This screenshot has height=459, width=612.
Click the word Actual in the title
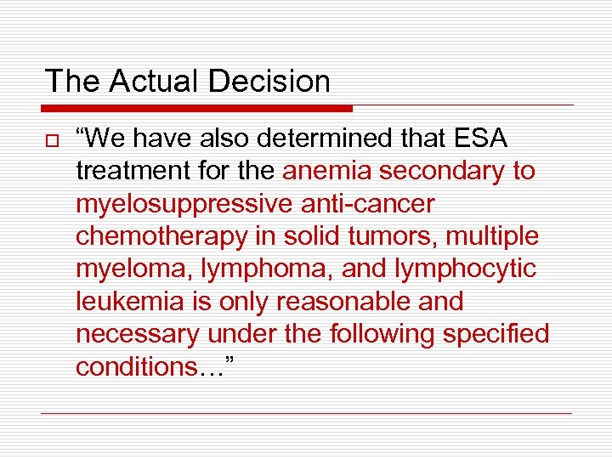(152, 82)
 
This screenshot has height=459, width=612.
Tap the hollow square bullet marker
(52, 140)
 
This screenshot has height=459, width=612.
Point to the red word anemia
(328, 171)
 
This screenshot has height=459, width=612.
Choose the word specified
(496, 334)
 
